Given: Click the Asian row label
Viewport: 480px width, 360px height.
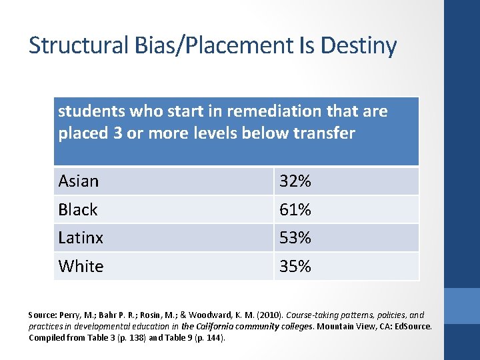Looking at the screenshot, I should coord(79,181).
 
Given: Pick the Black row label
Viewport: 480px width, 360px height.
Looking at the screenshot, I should coord(78,209).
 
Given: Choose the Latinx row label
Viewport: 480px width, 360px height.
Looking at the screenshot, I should coord(81,237).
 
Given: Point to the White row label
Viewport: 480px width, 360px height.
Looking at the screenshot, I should coord(81,266).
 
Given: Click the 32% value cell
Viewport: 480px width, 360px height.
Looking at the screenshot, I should coord(295,181).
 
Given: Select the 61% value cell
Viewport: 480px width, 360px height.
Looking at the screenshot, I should coord(295,209).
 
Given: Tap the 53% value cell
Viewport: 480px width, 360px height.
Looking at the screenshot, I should coord(295,237).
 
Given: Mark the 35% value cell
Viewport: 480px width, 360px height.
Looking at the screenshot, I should coord(295,266).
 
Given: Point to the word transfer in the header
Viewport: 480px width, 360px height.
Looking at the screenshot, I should coord(324,133).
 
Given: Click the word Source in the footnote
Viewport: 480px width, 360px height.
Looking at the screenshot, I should coord(42,315).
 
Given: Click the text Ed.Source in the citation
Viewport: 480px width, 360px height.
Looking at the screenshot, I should coord(414,326).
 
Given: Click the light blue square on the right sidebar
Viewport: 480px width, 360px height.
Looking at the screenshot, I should coord(462,306).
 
